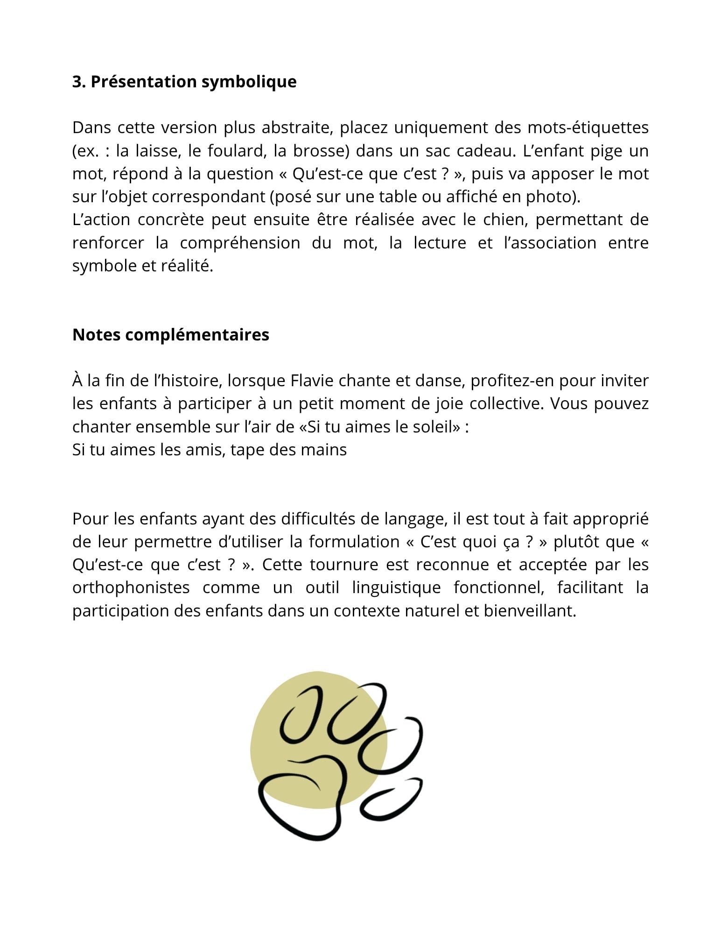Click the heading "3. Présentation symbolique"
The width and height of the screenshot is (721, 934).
[184, 82]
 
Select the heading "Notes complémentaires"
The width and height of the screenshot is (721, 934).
[171, 335]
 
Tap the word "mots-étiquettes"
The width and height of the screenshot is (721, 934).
[588, 127]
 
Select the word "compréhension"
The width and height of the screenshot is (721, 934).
[240, 243]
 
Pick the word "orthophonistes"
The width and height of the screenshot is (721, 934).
[131, 587]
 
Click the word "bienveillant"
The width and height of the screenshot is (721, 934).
[529, 611]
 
